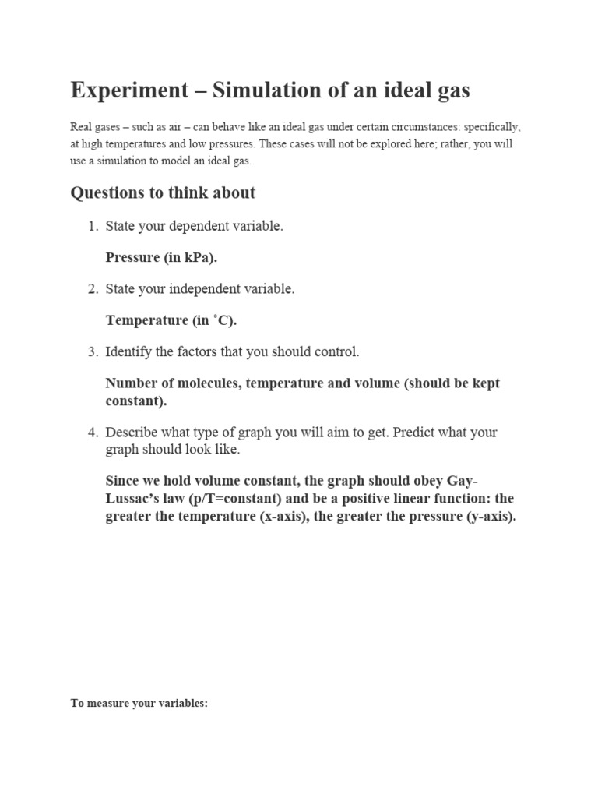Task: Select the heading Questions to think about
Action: (163, 192)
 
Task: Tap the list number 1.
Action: (91, 227)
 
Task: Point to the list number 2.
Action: (91, 289)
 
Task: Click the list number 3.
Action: (91, 352)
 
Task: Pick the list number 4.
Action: (91, 432)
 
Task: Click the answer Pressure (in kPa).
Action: (161, 258)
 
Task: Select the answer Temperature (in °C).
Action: (171, 320)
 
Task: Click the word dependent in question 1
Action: (195, 227)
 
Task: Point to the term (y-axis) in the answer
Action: (491, 517)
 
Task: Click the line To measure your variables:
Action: (139, 703)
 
